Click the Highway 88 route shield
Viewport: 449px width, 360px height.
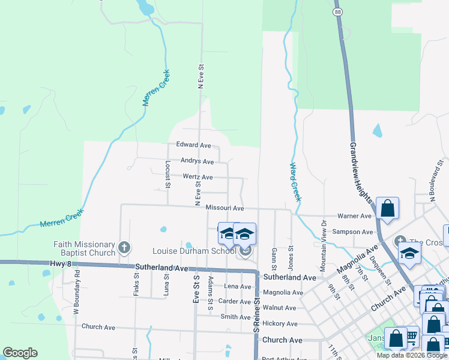tap(338, 11)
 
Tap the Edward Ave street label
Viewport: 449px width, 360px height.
tap(193, 145)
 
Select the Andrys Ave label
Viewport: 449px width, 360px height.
tap(197, 161)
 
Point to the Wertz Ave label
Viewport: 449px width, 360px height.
tap(198, 177)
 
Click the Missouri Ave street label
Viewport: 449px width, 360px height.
tap(224, 208)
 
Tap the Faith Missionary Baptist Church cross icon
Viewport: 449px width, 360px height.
tap(124, 247)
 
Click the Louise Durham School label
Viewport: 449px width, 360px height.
tap(194, 251)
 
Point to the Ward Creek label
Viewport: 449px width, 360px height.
tap(295, 182)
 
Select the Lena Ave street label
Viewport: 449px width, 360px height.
tap(237, 287)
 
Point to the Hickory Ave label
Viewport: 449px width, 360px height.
tap(283, 323)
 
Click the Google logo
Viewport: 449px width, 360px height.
tap(20, 353)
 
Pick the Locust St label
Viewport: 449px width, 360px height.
tap(167, 174)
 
